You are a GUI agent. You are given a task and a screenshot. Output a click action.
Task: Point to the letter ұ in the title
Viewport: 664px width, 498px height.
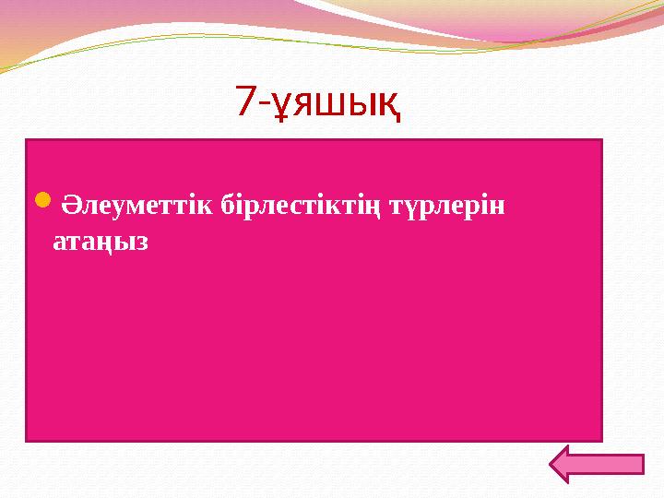281,103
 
